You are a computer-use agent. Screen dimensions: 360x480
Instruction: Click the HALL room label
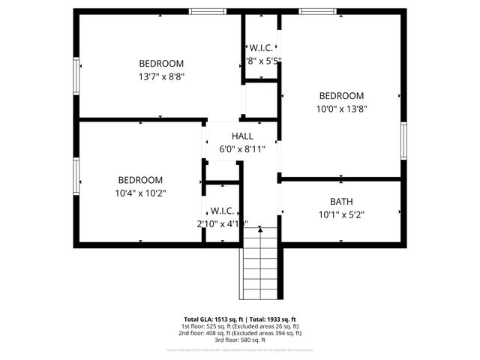point(242,136)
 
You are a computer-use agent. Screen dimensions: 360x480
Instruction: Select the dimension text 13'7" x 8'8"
point(161,76)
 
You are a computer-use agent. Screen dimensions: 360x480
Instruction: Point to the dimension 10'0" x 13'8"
point(341,108)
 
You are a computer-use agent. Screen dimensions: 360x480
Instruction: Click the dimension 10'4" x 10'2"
point(140,193)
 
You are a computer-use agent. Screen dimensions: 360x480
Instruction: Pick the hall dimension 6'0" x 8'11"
point(242,148)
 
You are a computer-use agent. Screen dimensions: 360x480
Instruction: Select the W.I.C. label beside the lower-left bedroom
point(223,210)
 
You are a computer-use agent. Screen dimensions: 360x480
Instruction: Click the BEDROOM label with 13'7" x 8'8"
point(161,64)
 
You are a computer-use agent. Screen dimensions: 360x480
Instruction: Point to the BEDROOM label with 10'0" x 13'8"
point(341,95)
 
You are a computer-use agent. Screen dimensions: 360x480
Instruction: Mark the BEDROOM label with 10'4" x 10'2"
point(140,180)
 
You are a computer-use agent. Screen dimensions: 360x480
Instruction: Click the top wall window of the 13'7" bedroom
point(207,12)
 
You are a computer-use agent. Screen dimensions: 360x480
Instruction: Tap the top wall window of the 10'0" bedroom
point(317,12)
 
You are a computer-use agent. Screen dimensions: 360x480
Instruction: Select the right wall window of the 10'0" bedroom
point(403,141)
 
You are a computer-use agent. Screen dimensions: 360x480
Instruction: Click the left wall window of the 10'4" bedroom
point(76,175)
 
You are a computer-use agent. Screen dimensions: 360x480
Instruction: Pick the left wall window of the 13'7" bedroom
point(76,76)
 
